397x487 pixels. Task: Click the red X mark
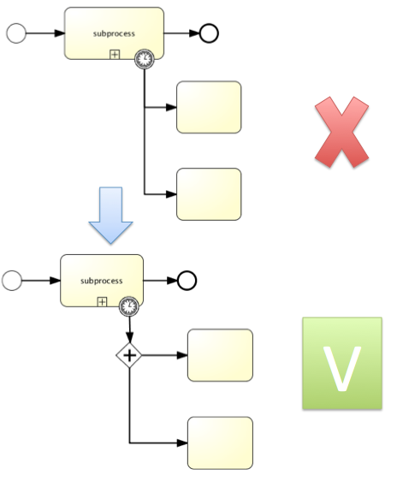[341, 132]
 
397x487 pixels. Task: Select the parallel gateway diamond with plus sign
[129, 354]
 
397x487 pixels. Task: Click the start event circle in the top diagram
[15, 33]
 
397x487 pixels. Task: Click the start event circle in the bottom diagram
[11, 280]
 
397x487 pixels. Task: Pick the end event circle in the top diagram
[209, 33]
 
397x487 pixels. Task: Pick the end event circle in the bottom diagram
[187, 280]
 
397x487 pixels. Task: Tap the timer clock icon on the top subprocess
[145, 58]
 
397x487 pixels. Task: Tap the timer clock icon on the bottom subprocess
[129, 304]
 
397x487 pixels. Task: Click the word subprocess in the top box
[114, 33]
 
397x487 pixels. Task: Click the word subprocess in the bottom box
[101, 281]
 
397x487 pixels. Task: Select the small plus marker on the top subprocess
[115, 54]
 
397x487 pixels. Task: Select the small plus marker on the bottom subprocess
[102, 301]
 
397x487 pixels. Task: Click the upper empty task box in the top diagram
[209, 108]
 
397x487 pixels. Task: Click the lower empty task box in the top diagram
[209, 194]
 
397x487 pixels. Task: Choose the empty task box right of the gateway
[220, 354]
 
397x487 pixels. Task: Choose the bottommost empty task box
[220, 442]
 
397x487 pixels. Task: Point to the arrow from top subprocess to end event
[181, 33]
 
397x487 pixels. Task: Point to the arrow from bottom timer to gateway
[129, 330]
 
